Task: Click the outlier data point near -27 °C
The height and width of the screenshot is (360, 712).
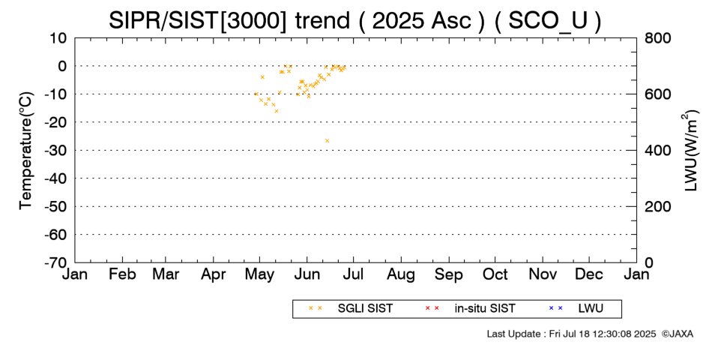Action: click(327, 141)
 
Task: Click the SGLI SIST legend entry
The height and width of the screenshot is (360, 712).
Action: click(351, 308)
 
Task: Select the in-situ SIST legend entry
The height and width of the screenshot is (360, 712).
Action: click(470, 308)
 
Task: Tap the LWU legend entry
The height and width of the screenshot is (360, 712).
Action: click(576, 308)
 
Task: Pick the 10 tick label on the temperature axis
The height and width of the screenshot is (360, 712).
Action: click(58, 38)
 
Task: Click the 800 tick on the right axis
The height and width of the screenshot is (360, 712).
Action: click(657, 38)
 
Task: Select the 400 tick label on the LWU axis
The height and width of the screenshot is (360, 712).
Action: click(657, 151)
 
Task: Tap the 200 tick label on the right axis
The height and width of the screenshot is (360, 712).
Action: click(657, 206)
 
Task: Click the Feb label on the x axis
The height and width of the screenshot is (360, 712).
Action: click(122, 274)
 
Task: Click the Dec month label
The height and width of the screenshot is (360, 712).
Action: click(589, 274)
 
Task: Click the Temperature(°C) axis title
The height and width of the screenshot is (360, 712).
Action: click(26, 151)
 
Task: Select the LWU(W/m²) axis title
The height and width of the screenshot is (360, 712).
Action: click(690, 151)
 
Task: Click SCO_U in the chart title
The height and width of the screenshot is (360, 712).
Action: click(548, 20)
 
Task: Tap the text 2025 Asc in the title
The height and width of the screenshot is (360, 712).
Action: click(422, 20)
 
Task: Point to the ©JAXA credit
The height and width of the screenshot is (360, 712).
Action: click(677, 334)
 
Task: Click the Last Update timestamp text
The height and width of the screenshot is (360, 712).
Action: click(571, 334)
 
